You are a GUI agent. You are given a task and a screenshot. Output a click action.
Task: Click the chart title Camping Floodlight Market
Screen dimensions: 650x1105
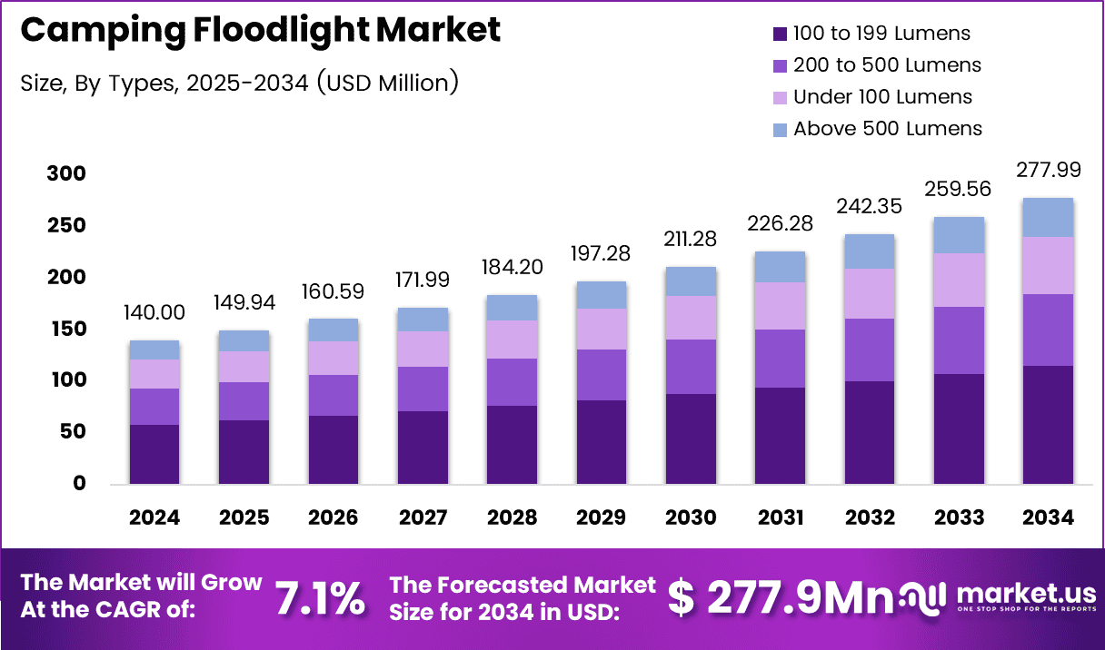[x=260, y=30]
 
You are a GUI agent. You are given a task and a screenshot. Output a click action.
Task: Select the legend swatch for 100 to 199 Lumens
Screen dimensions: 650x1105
[x=779, y=34]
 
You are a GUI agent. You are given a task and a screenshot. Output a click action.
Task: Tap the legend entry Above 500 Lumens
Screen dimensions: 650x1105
[x=887, y=129]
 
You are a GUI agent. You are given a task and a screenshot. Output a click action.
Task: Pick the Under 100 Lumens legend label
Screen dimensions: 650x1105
[x=882, y=97]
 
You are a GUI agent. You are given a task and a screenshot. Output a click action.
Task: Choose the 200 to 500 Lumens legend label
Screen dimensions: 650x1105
[x=887, y=65]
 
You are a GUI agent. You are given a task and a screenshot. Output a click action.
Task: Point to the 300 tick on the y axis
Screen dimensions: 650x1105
[x=65, y=173]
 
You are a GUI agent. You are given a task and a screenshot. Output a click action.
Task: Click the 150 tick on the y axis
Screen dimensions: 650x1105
[x=65, y=329]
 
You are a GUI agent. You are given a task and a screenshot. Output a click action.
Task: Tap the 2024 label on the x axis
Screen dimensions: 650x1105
[x=154, y=517]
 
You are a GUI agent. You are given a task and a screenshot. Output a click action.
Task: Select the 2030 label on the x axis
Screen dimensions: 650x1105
[x=690, y=517]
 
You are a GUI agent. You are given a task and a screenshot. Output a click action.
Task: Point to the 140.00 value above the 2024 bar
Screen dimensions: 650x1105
[x=154, y=313]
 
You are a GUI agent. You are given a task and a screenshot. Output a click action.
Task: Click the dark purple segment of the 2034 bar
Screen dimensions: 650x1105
[x=1047, y=424]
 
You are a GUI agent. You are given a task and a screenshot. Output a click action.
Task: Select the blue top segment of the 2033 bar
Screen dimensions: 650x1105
[x=958, y=235]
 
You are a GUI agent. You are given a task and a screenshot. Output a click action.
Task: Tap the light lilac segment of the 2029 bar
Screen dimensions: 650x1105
[x=601, y=329]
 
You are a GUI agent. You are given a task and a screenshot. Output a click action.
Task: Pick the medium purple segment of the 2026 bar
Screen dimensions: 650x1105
[x=333, y=395]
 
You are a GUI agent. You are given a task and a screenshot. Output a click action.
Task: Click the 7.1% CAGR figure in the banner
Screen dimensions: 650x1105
[x=320, y=598]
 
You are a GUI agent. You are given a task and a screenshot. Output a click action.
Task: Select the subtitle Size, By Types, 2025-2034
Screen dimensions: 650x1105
[x=239, y=83]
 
